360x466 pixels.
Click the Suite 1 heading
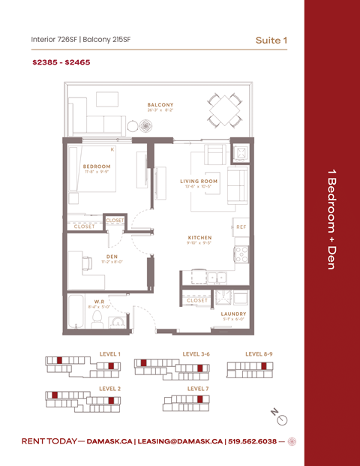(271, 39)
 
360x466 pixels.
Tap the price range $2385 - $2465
(61, 63)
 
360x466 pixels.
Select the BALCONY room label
(160, 104)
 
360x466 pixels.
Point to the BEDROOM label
(97, 166)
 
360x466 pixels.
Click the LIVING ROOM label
(199, 181)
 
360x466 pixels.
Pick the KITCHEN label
(199, 238)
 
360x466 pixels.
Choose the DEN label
(112, 257)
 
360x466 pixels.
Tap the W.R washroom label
(99, 302)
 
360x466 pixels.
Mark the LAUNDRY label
(233, 314)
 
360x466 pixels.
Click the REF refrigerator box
(241, 227)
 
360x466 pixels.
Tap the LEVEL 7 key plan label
(197, 389)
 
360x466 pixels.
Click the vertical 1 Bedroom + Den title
(331, 228)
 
